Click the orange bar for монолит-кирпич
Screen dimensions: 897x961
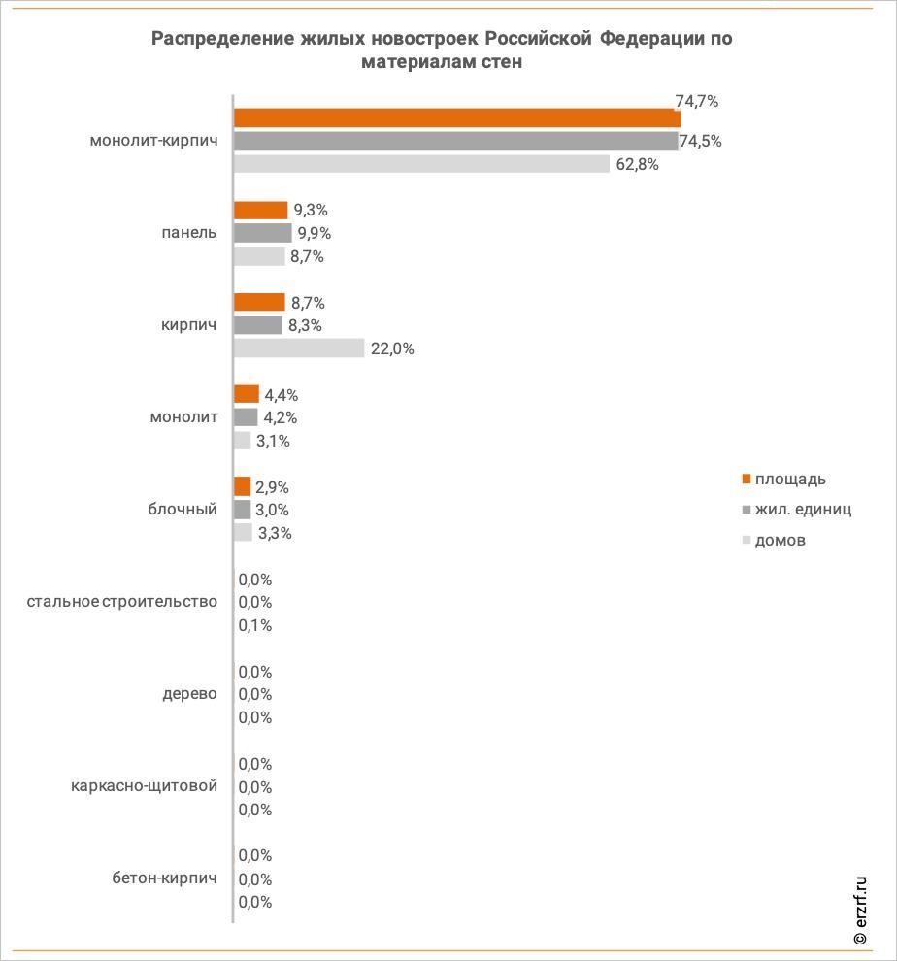[457, 117]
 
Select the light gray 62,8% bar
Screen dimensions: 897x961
[422, 164]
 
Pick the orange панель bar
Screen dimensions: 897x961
[260, 211]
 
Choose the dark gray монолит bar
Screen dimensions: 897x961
[246, 417]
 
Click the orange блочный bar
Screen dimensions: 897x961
[242, 486]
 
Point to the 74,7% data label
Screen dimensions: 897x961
[696, 101]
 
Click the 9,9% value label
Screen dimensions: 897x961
[314, 234]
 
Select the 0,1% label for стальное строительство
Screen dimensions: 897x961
[255, 625]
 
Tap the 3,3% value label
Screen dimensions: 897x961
[275, 533]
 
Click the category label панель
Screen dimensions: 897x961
[189, 233]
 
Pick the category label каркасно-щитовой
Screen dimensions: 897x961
[144, 785]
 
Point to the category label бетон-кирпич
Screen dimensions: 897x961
[164, 878]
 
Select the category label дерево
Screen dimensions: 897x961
[189, 694]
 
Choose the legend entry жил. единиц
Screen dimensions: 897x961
[797, 510]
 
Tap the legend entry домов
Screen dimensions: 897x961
[774, 540]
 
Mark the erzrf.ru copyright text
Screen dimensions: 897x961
[860, 911]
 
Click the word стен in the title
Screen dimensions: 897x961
[502, 62]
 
